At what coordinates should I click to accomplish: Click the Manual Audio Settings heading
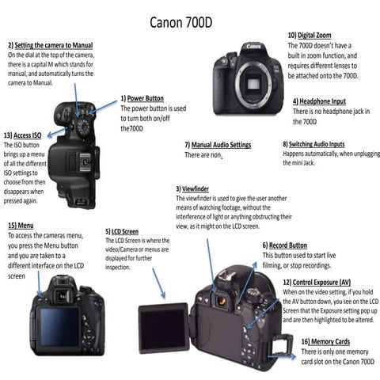click(x=218, y=145)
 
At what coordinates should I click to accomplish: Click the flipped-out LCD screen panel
click(x=162, y=326)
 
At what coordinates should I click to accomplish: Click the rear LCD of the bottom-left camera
click(x=59, y=325)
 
